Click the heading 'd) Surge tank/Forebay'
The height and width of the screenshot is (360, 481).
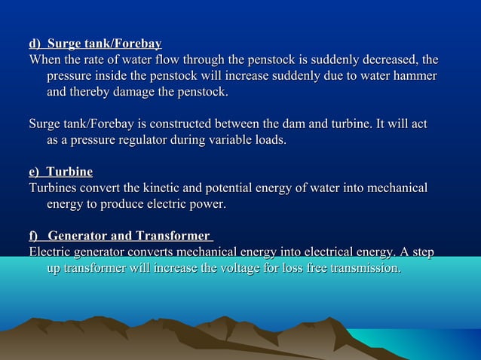95,44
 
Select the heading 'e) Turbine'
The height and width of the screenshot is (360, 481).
60,172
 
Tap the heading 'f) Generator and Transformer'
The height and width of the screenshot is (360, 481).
121,237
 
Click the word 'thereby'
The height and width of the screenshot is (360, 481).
98,93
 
